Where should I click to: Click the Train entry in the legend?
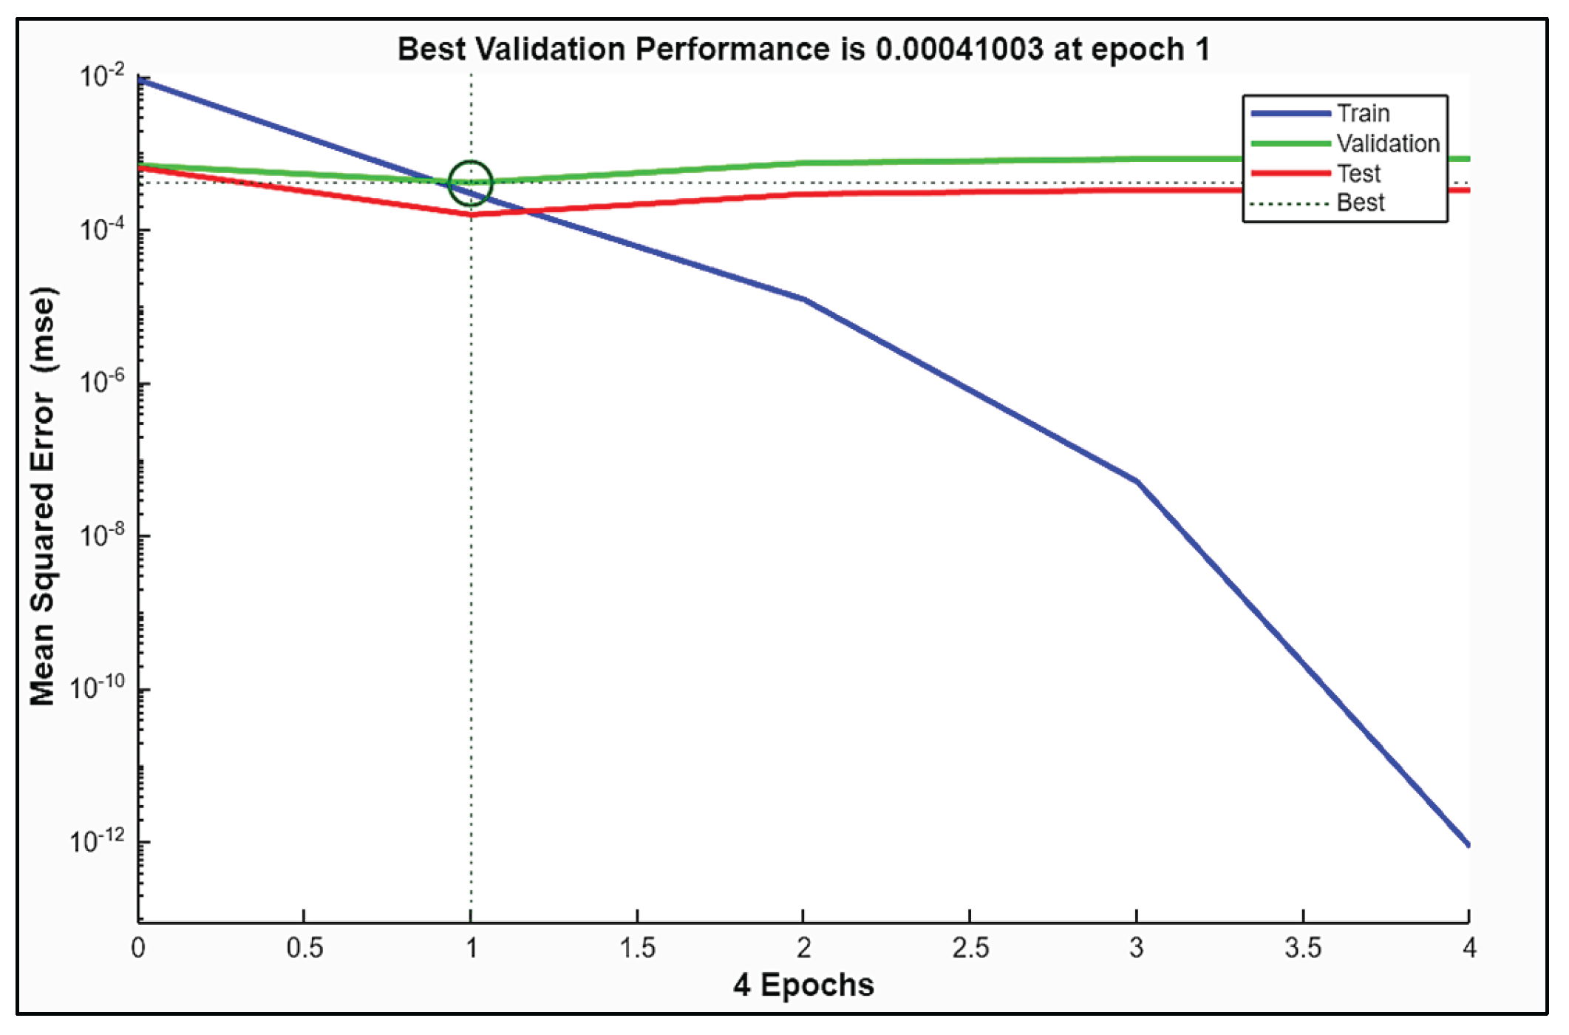pyautogui.click(x=1362, y=114)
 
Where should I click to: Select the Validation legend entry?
pyautogui.click(x=1387, y=143)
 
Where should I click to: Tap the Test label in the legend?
pyautogui.click(x=1358, y=174)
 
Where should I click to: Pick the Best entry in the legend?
pyautogui.click(x=1360, y=203)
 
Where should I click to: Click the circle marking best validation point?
pyautogui.click(x=471, y=183)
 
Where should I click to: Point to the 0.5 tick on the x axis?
pyautogui.click(x=304, y=948)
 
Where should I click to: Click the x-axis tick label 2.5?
pyautogui.click(x=970, y=948)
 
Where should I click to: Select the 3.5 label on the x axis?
pyautogui.click(x=1302, y=948)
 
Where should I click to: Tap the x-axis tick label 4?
pyautogui.click(x=1468, y=948)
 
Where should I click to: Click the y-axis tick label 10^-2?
pyautogui.click(x=101, y=76)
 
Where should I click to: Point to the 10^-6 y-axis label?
pyautogui.click(x=101, y=382)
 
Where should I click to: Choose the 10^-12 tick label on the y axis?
pyautogui.click(x=98, y=841)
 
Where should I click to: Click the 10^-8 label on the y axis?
pyautogui.click(x=101, y=535)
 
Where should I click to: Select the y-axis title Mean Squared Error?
pyautogui.click(x=43, y=496)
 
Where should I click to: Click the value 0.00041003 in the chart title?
pyautogui.click(x=959, y=50)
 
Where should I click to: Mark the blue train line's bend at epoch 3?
pyautogui.click(x=1137, y=482)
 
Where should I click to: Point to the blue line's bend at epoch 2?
pyautogui.click(x=804, y=299)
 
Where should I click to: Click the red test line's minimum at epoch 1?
pyautogui.click(x=471, y=214)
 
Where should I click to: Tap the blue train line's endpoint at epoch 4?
pyautogui.click(x=1467, y=844)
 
